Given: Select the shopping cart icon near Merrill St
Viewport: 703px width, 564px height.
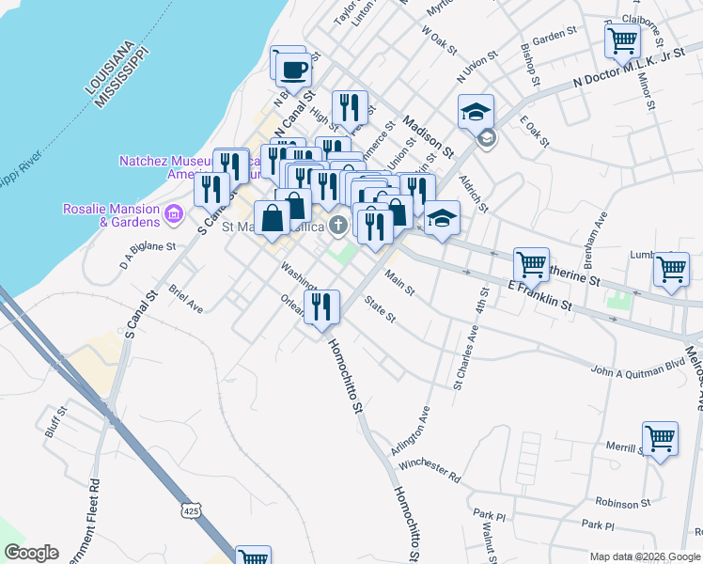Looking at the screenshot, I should click(660, 437).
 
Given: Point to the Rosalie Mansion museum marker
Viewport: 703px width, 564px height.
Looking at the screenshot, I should click(172, 215).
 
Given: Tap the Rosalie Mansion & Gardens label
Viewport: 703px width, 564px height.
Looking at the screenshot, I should click(110, 214).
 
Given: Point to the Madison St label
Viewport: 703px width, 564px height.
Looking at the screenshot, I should click(429, 136).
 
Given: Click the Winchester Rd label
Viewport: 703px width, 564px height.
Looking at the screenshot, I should click(430, 471).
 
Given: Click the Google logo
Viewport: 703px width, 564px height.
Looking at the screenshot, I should click(31, 553).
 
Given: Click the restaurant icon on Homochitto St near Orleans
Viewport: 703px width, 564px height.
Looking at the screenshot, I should click(321, 305).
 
